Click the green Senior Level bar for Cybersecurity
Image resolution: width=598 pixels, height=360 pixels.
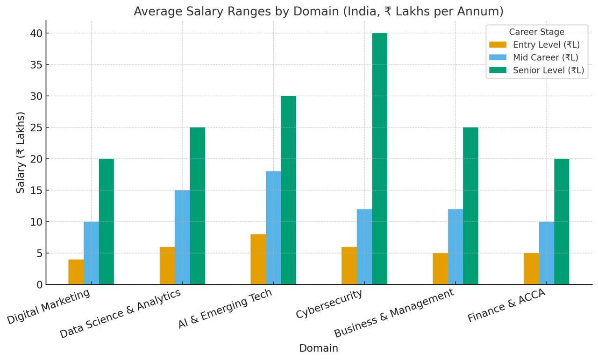coord(379,159)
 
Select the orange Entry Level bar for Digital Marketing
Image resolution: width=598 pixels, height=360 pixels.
coord(76,272)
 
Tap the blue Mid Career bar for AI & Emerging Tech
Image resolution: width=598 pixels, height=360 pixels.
coord(273,228)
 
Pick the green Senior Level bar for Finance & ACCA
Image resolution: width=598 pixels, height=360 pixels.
coord(562,222)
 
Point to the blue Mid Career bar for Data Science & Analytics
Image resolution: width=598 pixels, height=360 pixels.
coord(182,237)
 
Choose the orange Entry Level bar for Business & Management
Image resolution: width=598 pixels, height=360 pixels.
coord(440,269)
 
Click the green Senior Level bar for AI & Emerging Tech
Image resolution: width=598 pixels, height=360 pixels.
coord(288,190)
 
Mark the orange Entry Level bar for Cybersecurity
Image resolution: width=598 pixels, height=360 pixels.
coord(349,266)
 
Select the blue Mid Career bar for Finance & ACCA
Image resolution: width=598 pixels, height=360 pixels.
coord(546,253)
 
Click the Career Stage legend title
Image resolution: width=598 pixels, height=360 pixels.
coord(536,32)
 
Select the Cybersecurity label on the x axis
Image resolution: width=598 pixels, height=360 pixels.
coord(329,304)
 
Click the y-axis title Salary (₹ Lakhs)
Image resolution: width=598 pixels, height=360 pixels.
coord(21,153)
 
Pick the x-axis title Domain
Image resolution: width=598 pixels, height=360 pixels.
coord(318,348)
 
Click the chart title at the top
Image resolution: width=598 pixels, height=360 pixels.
coord(318,11)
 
